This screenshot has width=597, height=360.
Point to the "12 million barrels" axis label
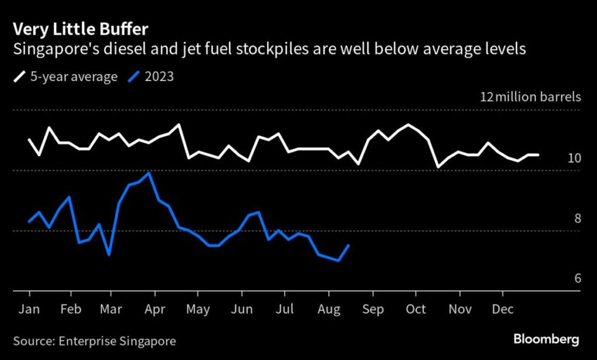[530, 97]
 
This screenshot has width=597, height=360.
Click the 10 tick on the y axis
[574, 158]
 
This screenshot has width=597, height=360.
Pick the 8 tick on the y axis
[577, 218]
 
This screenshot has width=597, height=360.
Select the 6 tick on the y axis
[577, 278]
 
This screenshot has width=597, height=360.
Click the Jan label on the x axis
[29, 309]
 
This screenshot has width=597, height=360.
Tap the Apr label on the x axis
[154, 309]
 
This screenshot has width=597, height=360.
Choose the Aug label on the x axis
[329, 309]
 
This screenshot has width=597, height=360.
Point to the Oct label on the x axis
[416, 309]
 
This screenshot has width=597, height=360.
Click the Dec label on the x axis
[502, 309]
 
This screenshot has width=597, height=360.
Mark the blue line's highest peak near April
[150, 173]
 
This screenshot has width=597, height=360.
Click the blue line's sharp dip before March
[109, 255]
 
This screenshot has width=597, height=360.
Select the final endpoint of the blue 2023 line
[349, 245]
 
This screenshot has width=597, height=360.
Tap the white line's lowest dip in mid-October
[438, 167]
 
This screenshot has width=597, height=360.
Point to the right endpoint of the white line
[538, 155]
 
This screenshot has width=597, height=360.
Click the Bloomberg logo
[546, 338]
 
